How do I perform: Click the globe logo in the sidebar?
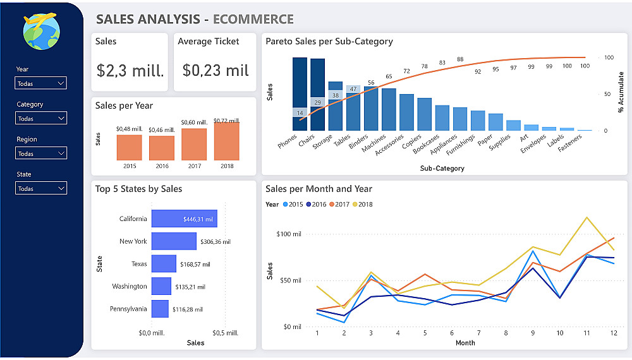point(41,32)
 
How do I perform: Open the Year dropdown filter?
point(40,83)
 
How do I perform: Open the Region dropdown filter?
point(40,153)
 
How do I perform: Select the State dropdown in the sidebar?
point(40,188)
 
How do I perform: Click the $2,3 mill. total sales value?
point(130,70)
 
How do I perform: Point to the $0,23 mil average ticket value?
point(216,70)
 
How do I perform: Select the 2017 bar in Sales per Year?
point(194,144)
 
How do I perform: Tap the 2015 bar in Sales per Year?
point(129,147)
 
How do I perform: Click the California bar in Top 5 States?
point(184,219)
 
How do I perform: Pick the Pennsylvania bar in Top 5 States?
point(160,309)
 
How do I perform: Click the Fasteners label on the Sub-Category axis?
point(571,142)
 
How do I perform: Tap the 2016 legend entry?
point(315,205)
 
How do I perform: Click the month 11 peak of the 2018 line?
point(587,217)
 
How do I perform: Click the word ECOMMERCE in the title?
point(253,20)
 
